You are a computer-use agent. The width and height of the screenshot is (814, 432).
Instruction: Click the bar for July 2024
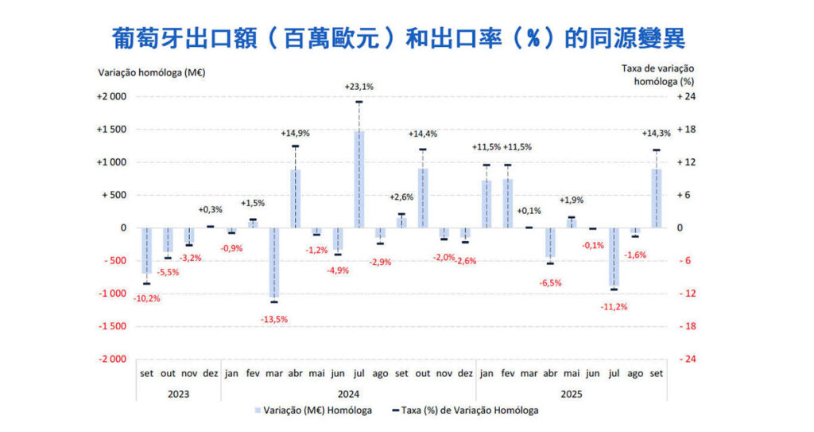(x=359, y=179)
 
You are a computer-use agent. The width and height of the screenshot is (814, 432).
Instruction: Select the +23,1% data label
(x=359, y=86)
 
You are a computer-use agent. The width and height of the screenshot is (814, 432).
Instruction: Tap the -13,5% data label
(x=273, y=319)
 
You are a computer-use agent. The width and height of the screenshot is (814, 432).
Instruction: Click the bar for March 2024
(x=273, y=263)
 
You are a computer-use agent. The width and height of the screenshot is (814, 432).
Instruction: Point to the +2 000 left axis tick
(x=111, y=97)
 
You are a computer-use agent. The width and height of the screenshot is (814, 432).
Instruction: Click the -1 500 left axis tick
(x=111, y=326)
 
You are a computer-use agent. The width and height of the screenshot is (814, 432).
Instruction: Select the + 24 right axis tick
(x=686, y=97)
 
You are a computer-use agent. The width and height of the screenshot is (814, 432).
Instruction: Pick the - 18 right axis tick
(x=686, y=326)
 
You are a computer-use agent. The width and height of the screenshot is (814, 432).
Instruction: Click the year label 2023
(x=178, y=393)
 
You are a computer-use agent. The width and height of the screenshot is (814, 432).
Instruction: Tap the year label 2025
(x=571, y=393)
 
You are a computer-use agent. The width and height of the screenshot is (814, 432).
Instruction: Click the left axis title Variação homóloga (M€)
(x=152, y=72)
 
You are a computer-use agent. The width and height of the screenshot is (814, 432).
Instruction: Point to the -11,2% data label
(x=613, y=306)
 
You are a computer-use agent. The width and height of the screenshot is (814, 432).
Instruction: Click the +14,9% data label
(x=295, y=134)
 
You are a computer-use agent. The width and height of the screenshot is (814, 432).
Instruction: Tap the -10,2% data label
(x=145, y=299)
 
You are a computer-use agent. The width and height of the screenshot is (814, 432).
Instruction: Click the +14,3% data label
(x=656, y=134)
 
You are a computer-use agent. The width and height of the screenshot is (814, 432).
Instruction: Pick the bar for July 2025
(x=613, y=257)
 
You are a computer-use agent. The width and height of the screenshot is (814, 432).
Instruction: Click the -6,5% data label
(x=549, y=282)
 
